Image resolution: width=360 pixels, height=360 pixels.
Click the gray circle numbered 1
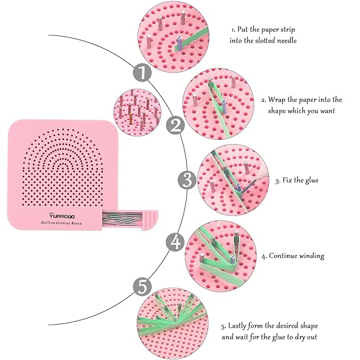(x=142, y=73)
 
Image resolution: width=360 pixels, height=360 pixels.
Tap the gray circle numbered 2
(x=176, y=125)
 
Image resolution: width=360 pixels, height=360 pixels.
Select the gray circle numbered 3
(x=187, y=179)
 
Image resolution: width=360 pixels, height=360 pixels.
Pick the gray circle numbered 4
(x=176, y=242)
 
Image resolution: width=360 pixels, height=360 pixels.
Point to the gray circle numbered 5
(x=142, y=286)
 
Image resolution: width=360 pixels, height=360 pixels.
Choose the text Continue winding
(x=296, y=256)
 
